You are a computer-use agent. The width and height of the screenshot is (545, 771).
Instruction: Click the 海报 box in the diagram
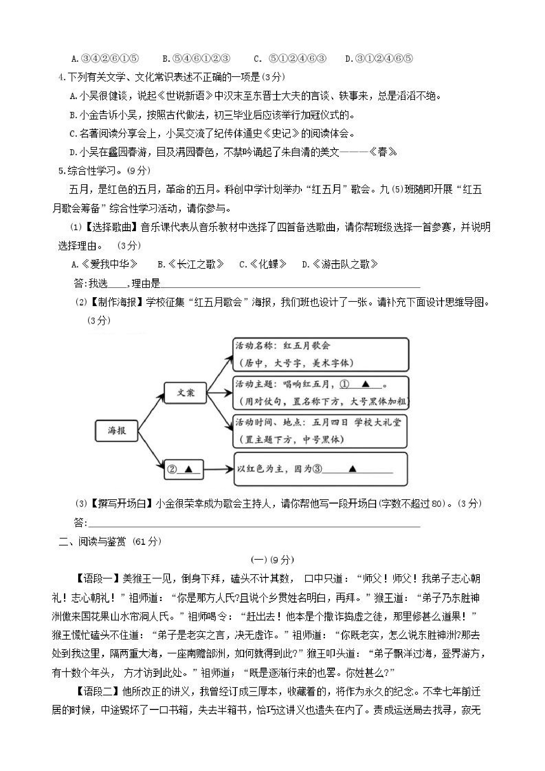tap(116, 431)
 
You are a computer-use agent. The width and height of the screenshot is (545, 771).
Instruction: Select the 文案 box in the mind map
tap(185, 393)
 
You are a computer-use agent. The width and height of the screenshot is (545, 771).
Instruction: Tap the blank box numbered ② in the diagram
tap(184, 469)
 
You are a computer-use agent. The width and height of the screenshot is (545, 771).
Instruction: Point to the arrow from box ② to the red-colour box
tap(218, 469)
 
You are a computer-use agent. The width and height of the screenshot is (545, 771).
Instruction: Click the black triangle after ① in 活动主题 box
tap(366, 384)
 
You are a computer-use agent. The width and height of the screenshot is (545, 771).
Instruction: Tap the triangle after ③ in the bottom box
tap(352, 469)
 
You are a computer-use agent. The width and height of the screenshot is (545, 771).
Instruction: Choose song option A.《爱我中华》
tap(104, 264)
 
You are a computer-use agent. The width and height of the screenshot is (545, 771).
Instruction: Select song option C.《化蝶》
tap(263, 264)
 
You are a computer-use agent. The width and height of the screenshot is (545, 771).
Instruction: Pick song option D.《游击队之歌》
tap(340, 264)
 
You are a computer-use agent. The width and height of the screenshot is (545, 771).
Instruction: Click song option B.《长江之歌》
tap(191, 264)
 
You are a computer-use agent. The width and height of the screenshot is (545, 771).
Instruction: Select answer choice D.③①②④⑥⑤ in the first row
tap(378, 59)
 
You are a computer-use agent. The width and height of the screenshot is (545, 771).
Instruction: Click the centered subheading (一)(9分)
tap(272, 560)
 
